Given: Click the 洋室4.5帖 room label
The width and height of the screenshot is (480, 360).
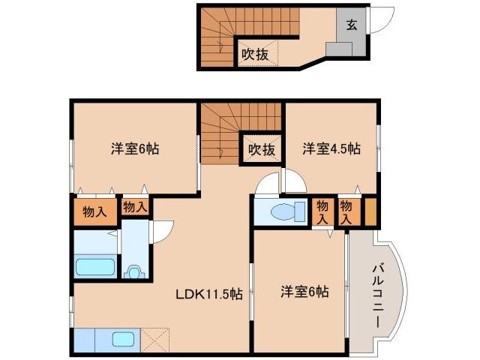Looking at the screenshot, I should coord(331,148).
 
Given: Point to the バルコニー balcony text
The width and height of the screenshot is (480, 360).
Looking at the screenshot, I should coord(378,293).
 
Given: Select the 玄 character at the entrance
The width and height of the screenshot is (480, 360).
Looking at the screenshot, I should coord(350,24).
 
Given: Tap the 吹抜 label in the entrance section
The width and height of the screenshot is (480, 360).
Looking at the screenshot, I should coord(254,54).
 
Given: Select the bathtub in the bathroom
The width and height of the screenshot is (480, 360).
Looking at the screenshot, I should coord(95,267).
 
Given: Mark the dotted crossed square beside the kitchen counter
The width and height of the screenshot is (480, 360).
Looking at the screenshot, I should coord(155,339).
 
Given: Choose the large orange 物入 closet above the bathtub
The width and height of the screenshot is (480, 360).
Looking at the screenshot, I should coord(94,211).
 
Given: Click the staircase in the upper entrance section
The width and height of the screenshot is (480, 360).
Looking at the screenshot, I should coord(217,42).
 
